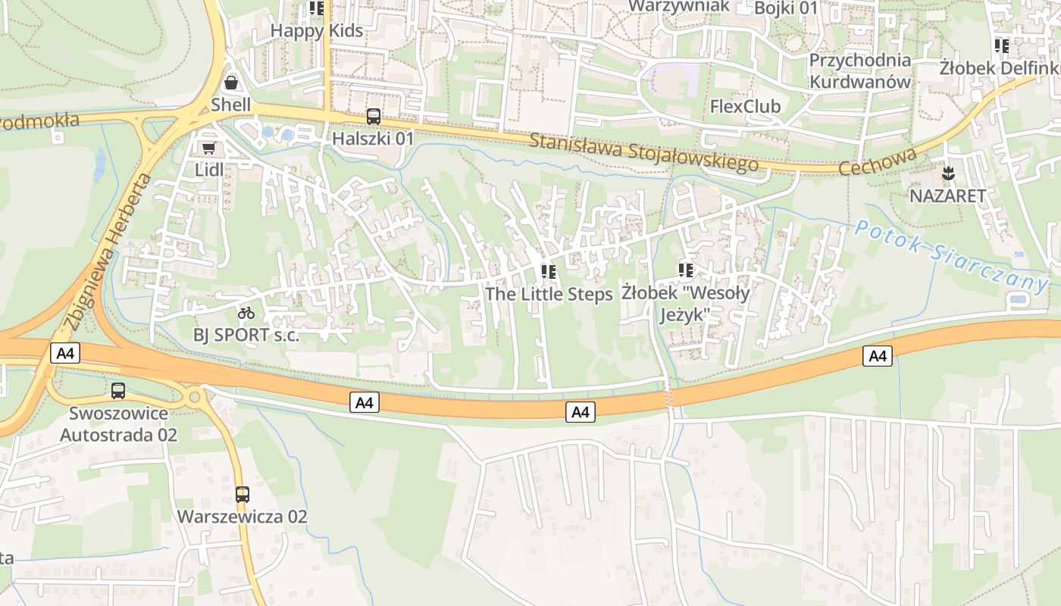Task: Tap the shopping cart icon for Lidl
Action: (x=208, y=148)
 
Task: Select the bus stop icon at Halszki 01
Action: (x=374, y=117)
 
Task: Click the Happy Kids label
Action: (x=317, y=31)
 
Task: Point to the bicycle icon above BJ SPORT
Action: (x=246, y=312)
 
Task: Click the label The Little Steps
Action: (x=549, y=294)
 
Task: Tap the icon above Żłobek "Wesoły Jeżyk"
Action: (x=686, y=270)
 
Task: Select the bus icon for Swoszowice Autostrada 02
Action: (x=118, y=391)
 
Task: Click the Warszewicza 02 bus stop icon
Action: (x=242, y=495)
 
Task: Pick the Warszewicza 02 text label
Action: (x=242, y=517)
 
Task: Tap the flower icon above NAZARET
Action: (x=948, y=173)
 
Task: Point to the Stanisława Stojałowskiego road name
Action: (x=643, y=152)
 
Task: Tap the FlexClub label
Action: (x=745, y=106)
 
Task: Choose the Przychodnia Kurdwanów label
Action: (x=860, y=70)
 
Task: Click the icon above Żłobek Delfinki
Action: (x=1002, y=46)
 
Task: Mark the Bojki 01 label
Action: (x=787, y=8)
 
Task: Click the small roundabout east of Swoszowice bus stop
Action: (x=194, y=396)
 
